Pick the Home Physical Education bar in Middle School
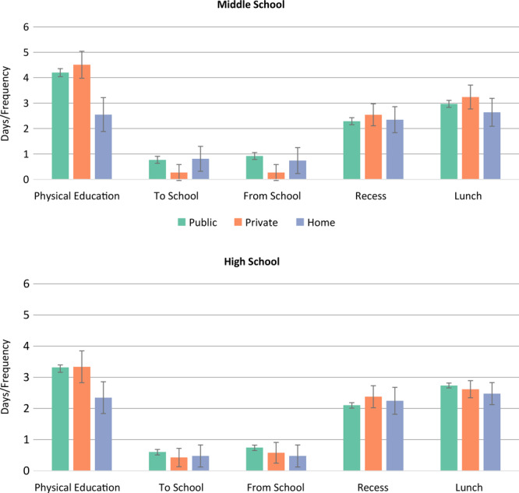pyautogui.click(x=103, y=147)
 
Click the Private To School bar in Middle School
pyautogui.click(x=178, y=176)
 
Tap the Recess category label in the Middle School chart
pyautogui.click(x=369, y=195)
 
